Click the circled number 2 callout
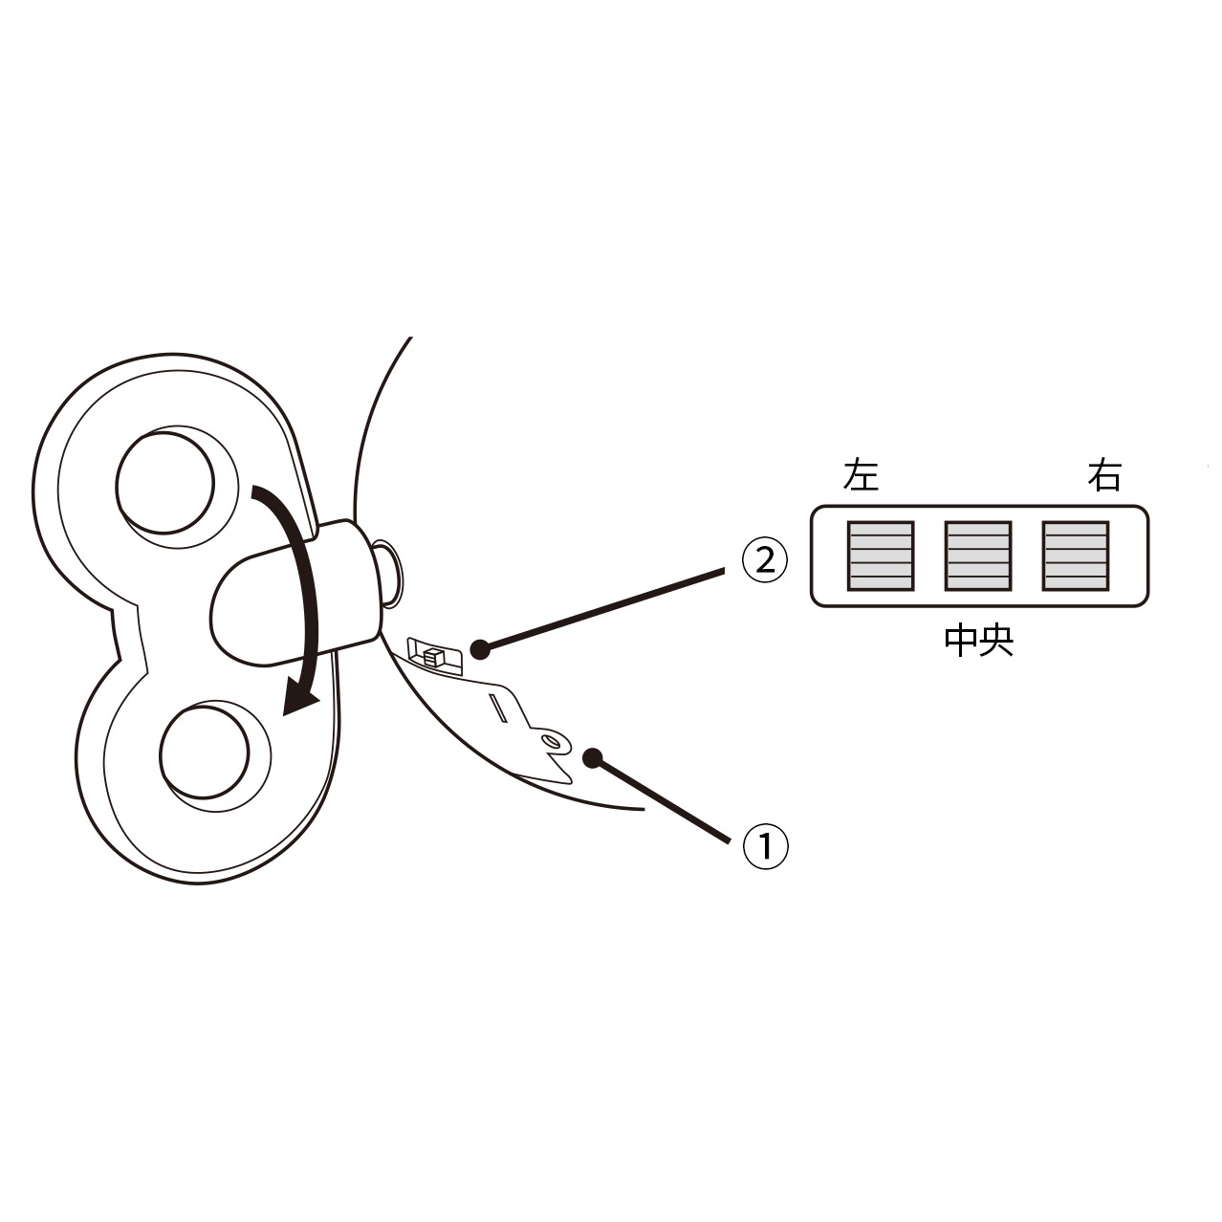[764, 560]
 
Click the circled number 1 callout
[765, 846]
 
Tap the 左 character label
[861, 475]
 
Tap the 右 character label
[1104, 475]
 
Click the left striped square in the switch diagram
[881, 556]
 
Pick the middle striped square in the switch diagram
[978, 556]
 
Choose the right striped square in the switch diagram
[1076, 556]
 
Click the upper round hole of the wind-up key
[164, 483]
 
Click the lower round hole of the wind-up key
[205, 753]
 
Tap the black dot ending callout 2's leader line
[480, 649]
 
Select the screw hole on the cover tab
[554, 740]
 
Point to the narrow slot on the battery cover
[498, 708]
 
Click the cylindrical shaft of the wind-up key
[296, 592]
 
